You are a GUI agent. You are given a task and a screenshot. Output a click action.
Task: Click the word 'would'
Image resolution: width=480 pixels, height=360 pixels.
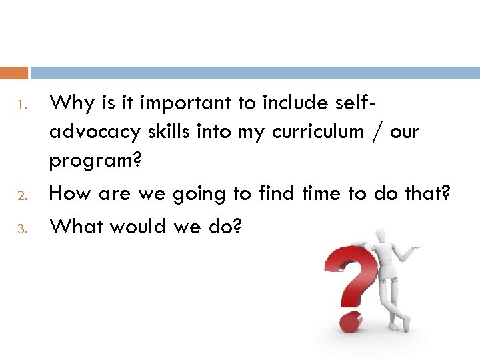137,227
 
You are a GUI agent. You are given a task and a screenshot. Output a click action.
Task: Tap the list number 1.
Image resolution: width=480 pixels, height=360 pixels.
21,105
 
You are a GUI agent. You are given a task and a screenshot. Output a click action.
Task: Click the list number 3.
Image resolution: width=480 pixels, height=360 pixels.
21,229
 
